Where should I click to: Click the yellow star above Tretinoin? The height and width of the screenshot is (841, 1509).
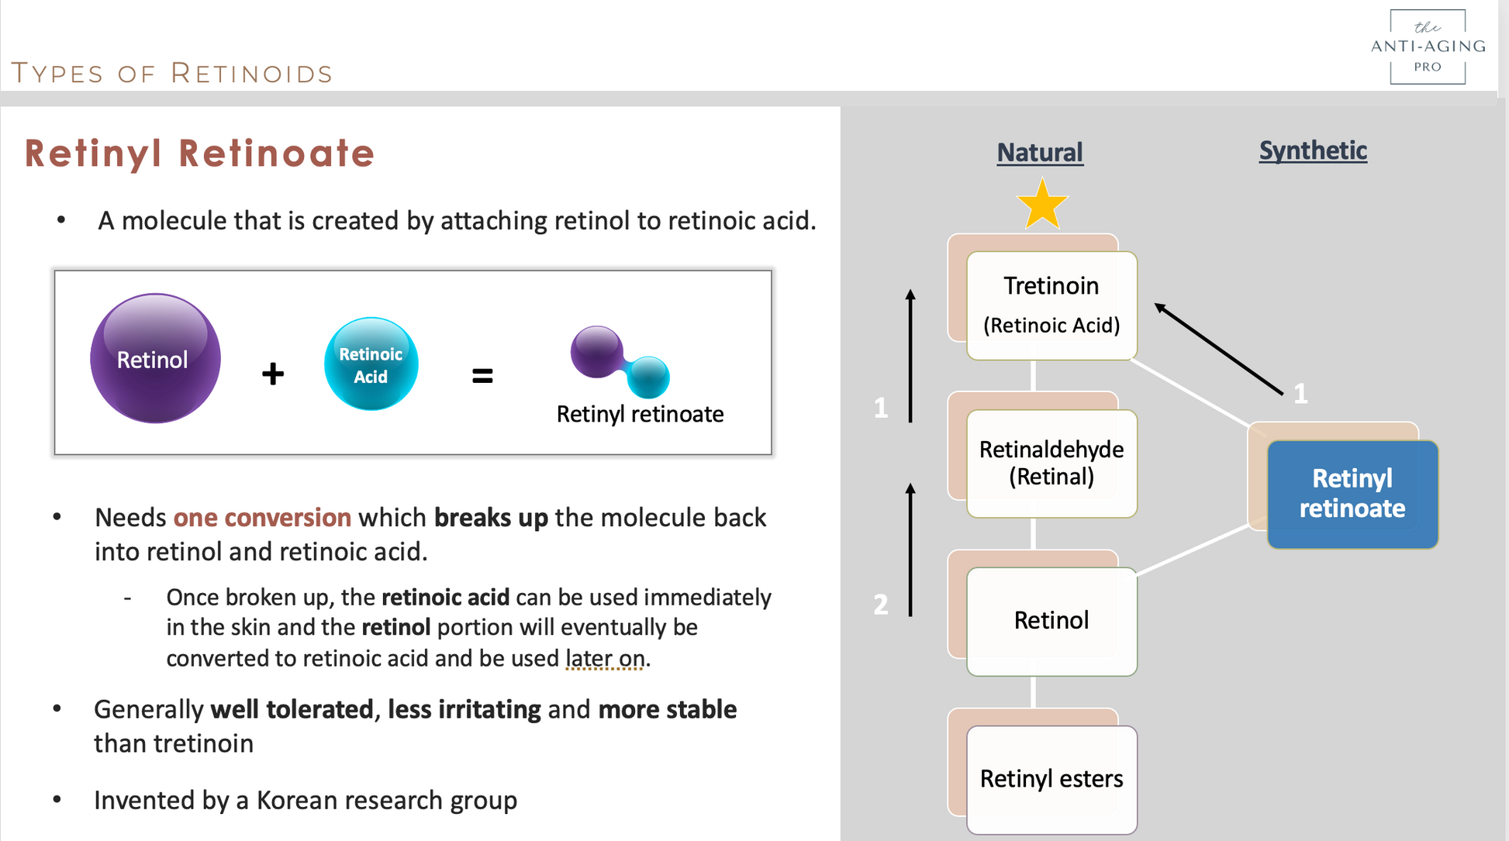[1042, 205]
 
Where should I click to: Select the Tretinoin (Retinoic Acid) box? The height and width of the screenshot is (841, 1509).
[1051, 305]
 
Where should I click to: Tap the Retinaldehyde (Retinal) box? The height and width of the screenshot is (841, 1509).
[1051, 463]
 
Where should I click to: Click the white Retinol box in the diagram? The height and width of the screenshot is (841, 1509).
[1051, 621]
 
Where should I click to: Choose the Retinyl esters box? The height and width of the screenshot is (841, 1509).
[1051, 778]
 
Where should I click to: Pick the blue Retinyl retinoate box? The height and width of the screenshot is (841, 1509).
[1352, 494]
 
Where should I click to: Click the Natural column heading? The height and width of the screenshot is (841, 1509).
[1039, 152]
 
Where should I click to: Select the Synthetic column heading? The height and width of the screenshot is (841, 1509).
[1313, 150]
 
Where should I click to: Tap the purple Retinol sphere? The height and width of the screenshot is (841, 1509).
[155, 358]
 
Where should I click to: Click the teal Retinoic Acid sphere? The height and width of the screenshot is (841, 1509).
[371, 364]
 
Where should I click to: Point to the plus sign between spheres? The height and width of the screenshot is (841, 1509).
[273, 374]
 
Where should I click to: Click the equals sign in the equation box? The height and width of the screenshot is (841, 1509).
[482, 376]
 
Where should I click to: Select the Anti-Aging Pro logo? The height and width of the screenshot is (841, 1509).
[1428, 47]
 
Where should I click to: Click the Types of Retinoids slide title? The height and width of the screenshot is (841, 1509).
[172, 73]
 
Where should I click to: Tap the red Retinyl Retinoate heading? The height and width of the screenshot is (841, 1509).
[199, 153]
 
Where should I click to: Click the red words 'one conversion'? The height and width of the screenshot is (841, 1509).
[262, 517]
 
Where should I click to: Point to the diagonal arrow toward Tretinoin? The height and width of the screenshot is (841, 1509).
[1218, 350]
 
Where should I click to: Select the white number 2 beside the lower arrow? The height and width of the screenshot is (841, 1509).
[881, 604]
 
